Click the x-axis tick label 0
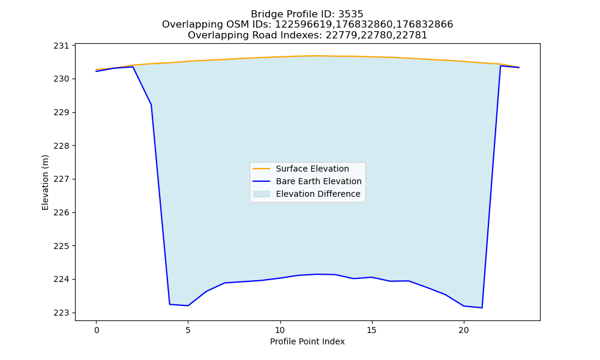click(x=97, y=330)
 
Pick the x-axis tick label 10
click(x=280, y=330)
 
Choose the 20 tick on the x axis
click(x=464, y=330)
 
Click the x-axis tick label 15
click(x=372, y=330)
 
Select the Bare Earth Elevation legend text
click(x=319, y=181)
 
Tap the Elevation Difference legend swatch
click(x=262, y=194)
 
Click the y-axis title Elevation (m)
click(x=46, y=182)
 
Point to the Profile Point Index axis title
click(x=307, y=341)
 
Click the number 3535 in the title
click(x=351, y=14)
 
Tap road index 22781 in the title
click(x=415, y=35)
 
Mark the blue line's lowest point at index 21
click(x=482, y=308)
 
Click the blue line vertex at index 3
click(x=152, y=105)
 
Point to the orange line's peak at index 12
click(x=317, y=56)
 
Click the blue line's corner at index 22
click(x=500, y=66)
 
